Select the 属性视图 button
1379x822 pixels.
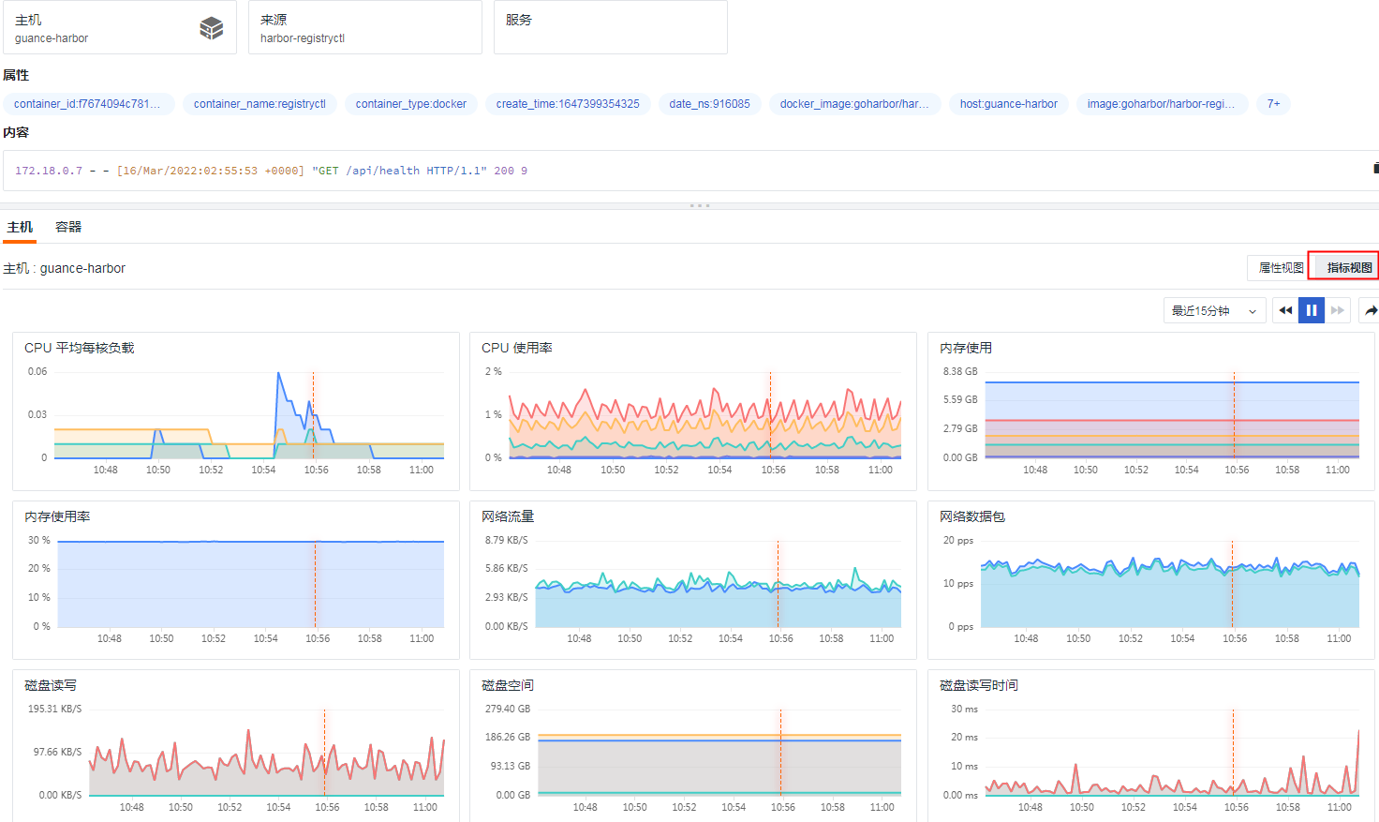coord(1280,268)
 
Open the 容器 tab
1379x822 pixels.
coord(68,227)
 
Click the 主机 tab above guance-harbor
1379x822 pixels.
coord(20,227)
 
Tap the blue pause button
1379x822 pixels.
coord(1312,310)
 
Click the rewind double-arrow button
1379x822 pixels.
coord(1285,310)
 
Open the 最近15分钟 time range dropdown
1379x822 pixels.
coord(1214,310)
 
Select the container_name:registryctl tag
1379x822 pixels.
coord(259,104)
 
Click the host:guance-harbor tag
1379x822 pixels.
coord(1008,104)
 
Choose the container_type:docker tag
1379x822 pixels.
coord(410,104)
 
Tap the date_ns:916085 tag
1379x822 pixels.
coord(709,104)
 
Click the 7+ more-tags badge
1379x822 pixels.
coord(1273,104)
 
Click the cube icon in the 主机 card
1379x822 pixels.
coord(212,28)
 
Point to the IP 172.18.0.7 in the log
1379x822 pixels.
coord(49,171)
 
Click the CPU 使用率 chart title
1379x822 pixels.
coord(516,348)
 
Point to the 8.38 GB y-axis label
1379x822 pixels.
coord(960,371)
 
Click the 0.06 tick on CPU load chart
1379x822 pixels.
coord(37,371)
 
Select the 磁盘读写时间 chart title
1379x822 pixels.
coord(978,685)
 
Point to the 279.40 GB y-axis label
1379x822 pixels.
coord(508,709)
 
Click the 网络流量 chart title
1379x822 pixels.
coord(508,516)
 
